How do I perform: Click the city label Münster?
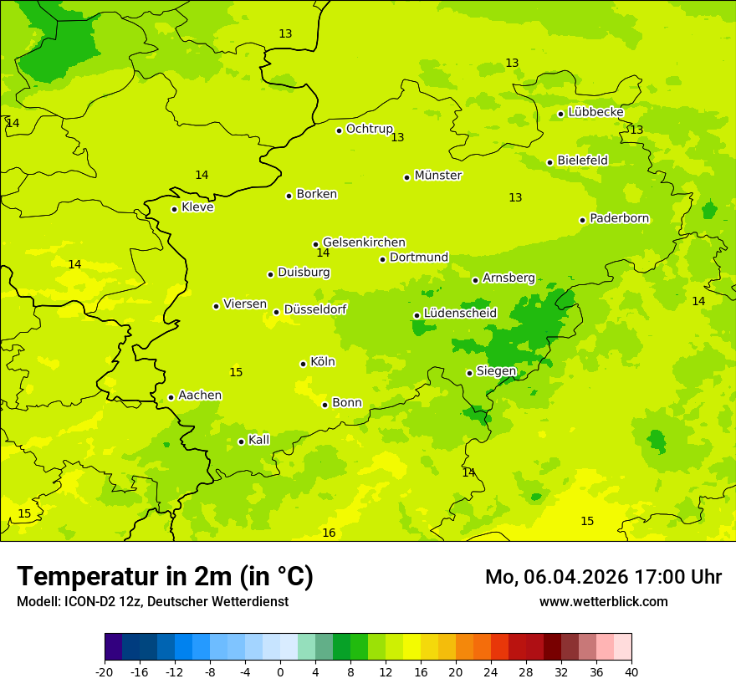pyautogui.click(x=438, y=176)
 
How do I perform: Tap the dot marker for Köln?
pyautogui.click(x=303, y=364)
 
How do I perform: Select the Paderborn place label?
pyautogui.click(x=620, y=219)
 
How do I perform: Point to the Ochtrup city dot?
pyautogui.click(x=339, y=130)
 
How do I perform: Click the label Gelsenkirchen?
pyautogui.click(x=364, y=242)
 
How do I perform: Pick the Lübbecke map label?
pyautogui.click(x=595, y=112)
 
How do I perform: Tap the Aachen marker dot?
pyautogui.click(x=171, y=397)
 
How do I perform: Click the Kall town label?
pyautogui.click(x=259, y=440)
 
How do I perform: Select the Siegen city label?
pyautogui.click(x=496, y=371)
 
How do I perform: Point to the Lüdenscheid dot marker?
pyautogui.click(x=417, y=315)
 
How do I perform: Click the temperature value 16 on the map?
pyautogui.click(x=329, y=533)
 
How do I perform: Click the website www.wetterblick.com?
pyautogui.click(x=603, y=602)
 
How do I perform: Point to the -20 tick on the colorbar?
pyautogui.click(x=105, y=672)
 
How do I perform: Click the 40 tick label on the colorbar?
pyautogui.click(x=631, y=672)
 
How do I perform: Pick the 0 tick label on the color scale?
pyautogui.click(x=280, y=672)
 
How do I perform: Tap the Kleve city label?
pyautogui.click(x=197, y=207)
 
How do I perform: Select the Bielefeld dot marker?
pyautogui.click(x=549, y=162)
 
